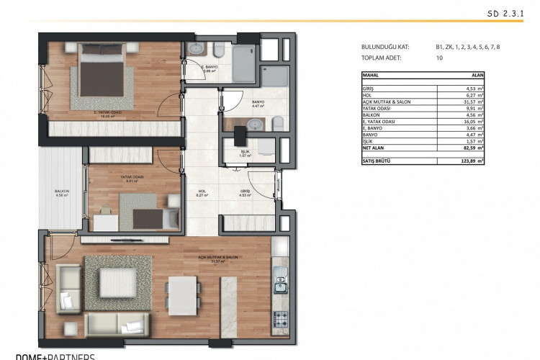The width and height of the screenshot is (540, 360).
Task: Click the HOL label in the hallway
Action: click(202, 192)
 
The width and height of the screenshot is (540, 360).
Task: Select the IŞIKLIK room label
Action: click(244, 153)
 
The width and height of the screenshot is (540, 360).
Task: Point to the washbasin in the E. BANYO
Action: click(197, 49)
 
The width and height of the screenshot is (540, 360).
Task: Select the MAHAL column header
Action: click(372, 74)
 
